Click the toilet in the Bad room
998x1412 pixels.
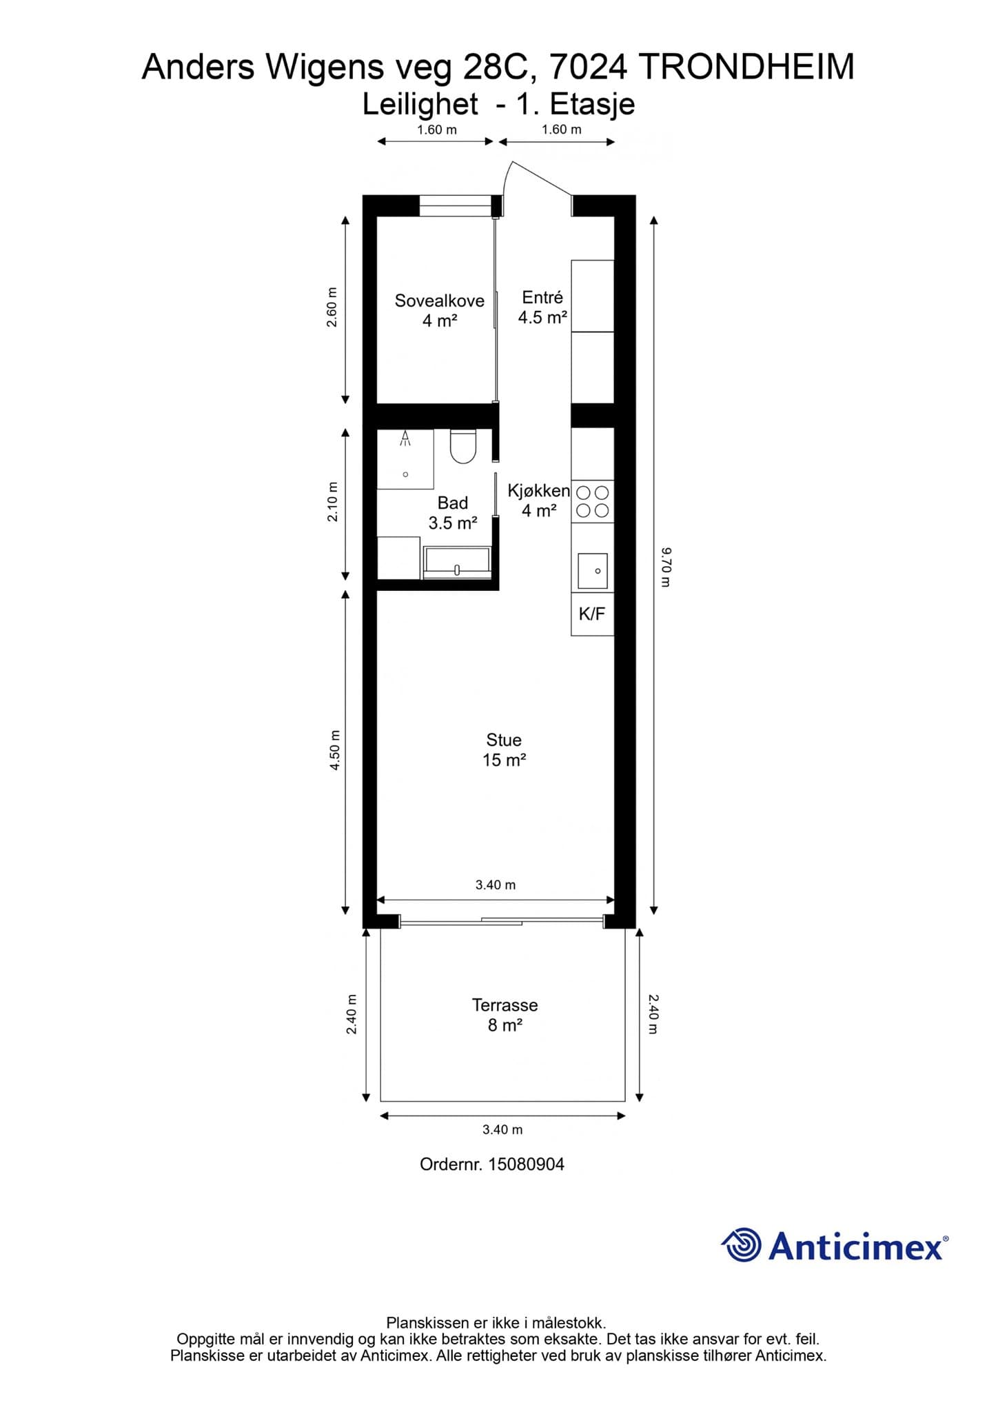(463, 446)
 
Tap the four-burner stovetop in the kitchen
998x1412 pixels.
(593, 501)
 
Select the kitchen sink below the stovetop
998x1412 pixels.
(593, 570)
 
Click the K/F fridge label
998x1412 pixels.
(592, 614)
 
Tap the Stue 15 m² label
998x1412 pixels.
(504, 749)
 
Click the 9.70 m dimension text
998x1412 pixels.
(665, 567)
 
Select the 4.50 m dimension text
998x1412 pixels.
(335, 750)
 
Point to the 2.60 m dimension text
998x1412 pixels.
(332, 307)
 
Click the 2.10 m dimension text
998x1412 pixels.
(333, 501)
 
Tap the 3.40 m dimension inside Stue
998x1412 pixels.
(496, 885)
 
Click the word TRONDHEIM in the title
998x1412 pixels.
(747, 68)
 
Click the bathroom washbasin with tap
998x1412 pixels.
(457, 559)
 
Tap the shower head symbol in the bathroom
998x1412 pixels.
(406, 437)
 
